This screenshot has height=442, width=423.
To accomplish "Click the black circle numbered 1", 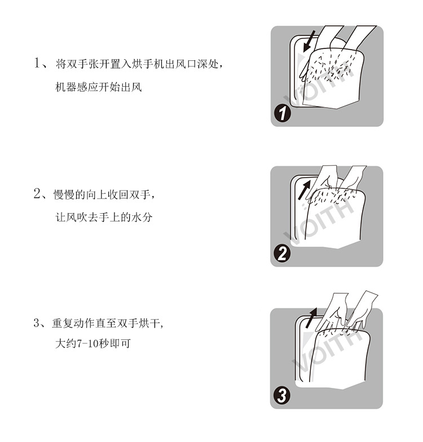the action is (x=282, y=114).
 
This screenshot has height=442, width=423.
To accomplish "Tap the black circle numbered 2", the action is (x=282, y=254).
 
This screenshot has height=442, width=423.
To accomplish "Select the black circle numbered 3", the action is (x=282, y=396).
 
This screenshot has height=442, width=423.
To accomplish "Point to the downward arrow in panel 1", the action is (x=309, y=42).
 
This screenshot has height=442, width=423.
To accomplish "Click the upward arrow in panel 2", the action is (x=305, y=189).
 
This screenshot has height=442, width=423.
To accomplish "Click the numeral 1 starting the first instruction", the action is (x=37, y=63).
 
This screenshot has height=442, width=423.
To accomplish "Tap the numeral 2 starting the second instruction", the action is (x=37, y=194).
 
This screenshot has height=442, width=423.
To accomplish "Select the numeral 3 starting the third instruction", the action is (x=37, y=323).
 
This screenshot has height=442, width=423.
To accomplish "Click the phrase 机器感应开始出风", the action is (x=98, y=87).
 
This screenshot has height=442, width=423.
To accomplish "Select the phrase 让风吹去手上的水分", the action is (x=104, y=218).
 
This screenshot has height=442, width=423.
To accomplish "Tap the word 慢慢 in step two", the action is (x=64, y=195).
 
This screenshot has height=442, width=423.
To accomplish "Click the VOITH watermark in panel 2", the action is (x=319, y=221).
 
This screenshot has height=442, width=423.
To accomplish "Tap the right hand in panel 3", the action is (x=362, y=309).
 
